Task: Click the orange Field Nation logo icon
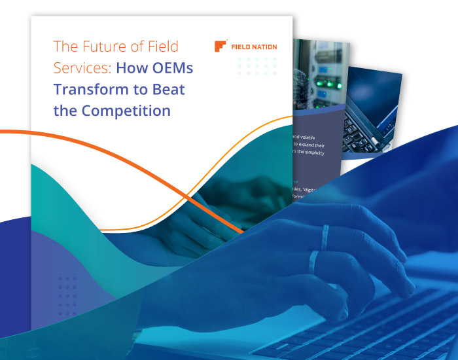(220, 46)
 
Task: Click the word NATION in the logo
(263, 47)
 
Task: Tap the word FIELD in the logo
(239, 47)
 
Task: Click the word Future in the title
(97, 46)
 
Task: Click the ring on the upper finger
(325, 234)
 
